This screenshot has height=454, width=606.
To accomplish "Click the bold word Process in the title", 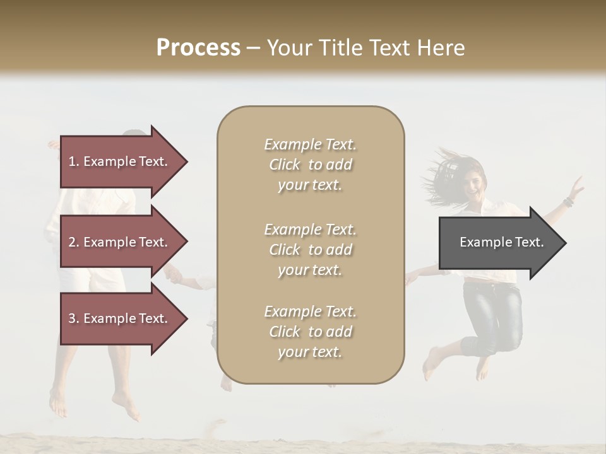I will (x=198, y=48).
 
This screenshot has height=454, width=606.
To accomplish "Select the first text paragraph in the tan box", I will (x=310, y=165).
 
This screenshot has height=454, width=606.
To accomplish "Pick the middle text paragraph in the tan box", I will (x=310, y=250).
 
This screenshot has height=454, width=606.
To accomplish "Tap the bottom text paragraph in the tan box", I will (x=310, y=332).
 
